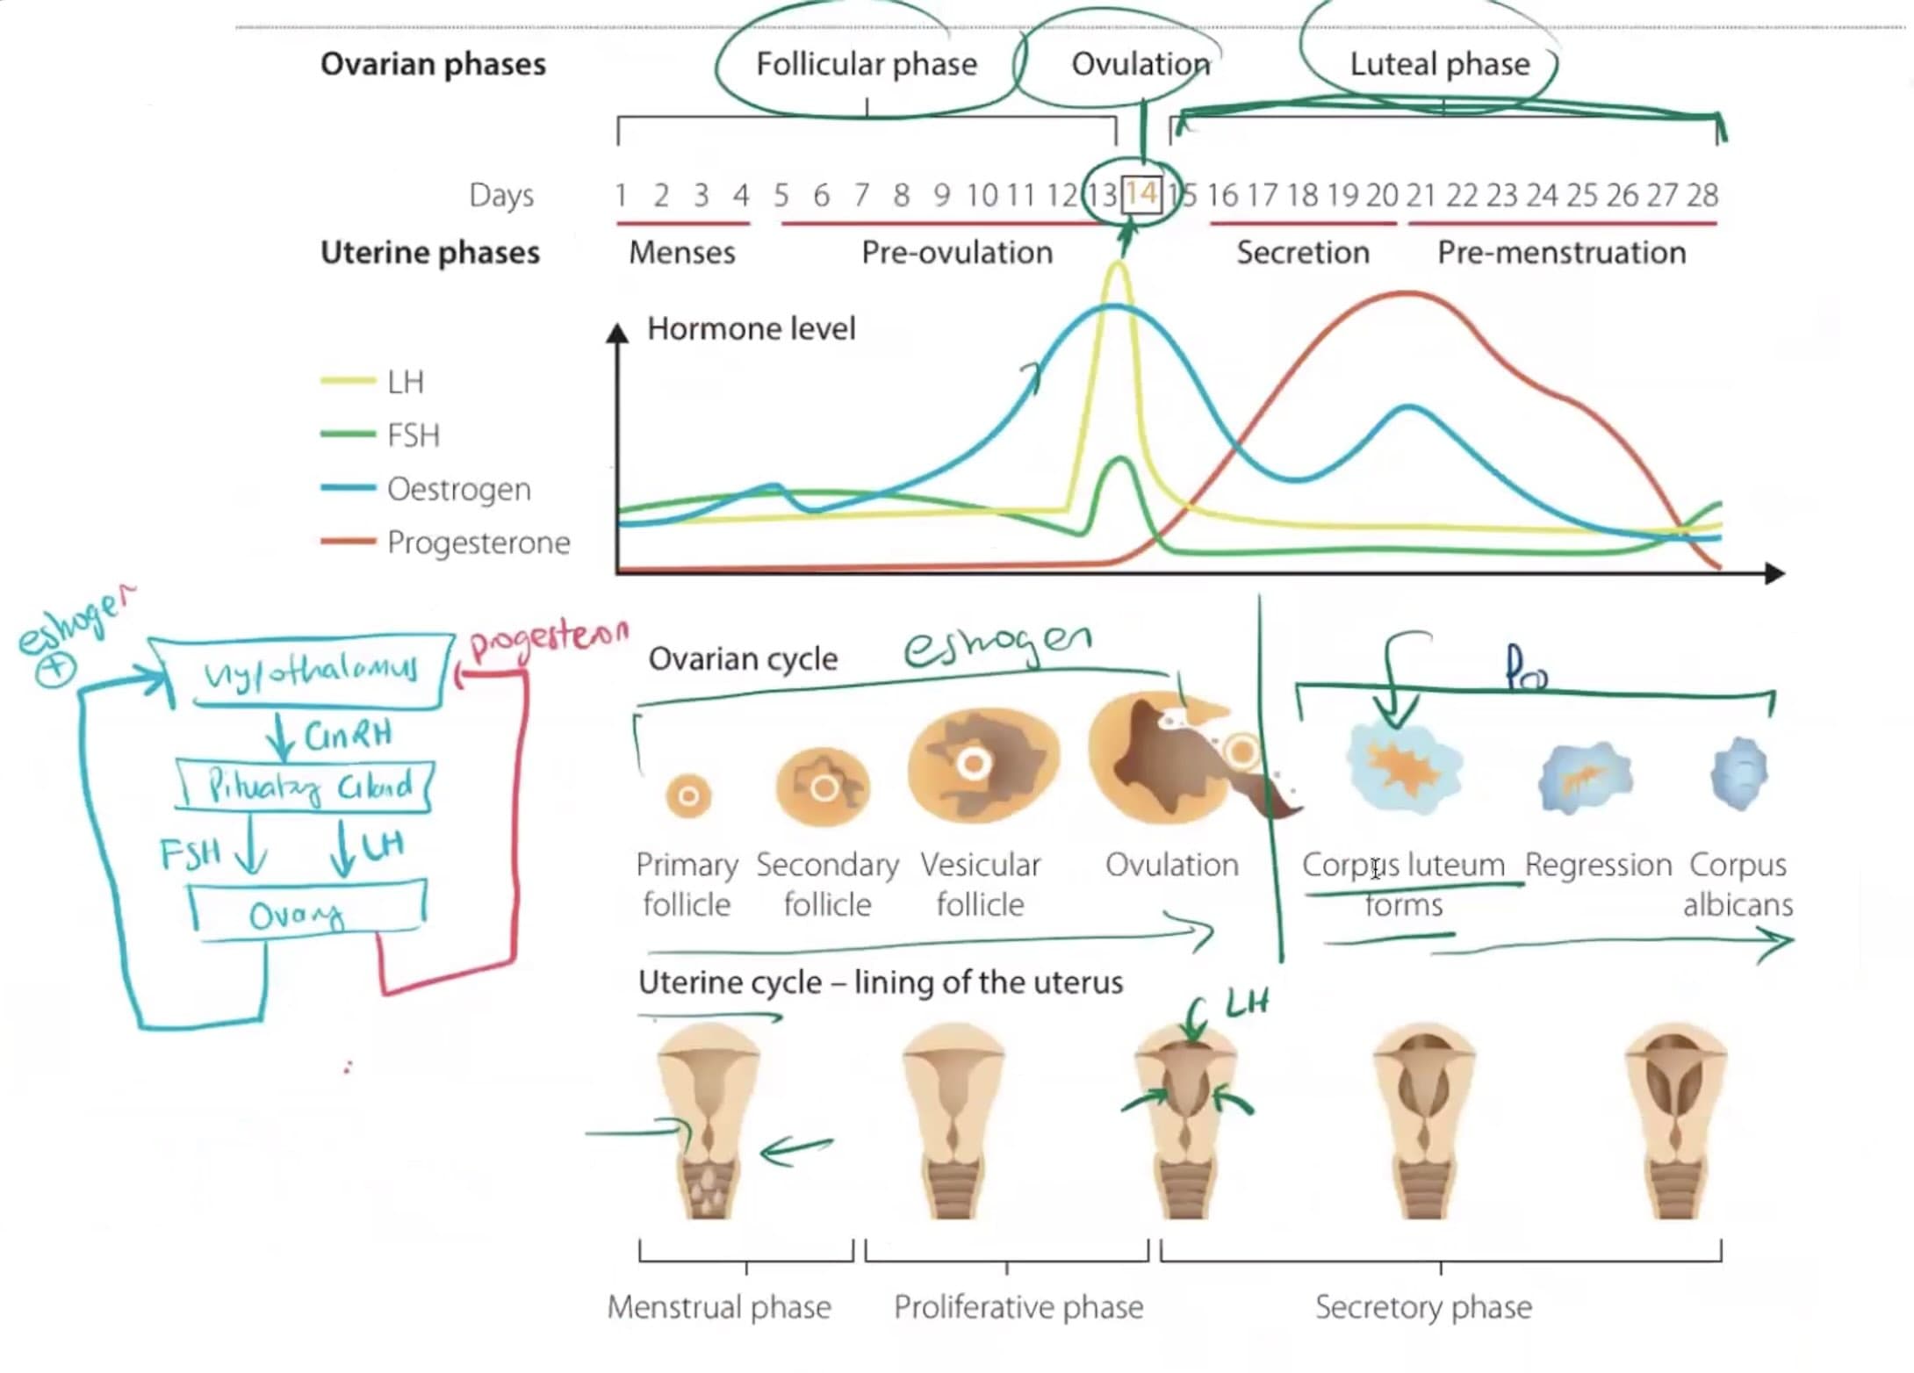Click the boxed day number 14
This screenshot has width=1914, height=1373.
click(x=1141, y=194)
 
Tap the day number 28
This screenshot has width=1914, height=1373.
click(x=1702, y=195)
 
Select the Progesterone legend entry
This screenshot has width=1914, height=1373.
click(x=478, y=543)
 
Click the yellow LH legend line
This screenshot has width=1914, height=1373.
click(x=348, y=381)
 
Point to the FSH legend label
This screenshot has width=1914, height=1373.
click(x=413, y=435)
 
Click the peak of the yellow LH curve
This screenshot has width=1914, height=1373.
click(x=1118, y=265)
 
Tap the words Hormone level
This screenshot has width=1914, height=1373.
click(x=751, y=329)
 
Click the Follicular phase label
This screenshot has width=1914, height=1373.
click(x=866, y=64)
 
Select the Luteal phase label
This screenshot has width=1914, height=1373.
click(x=1439, y=64)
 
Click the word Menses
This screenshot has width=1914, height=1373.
click(x=682, y=253)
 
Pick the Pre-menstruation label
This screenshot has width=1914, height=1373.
click(x=1561, y=253)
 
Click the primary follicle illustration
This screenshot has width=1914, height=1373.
click(x=688, y=795)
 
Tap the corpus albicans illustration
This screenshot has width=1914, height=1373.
click(x=1738, y=774)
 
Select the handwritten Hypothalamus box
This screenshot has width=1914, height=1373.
click(x=309, y=672)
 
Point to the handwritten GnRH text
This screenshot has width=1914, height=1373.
click(x=348, y=734)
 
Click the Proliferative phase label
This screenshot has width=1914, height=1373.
click(x=1018, y=1307)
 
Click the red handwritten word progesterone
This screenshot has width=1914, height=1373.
click(x=549, y=637)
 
